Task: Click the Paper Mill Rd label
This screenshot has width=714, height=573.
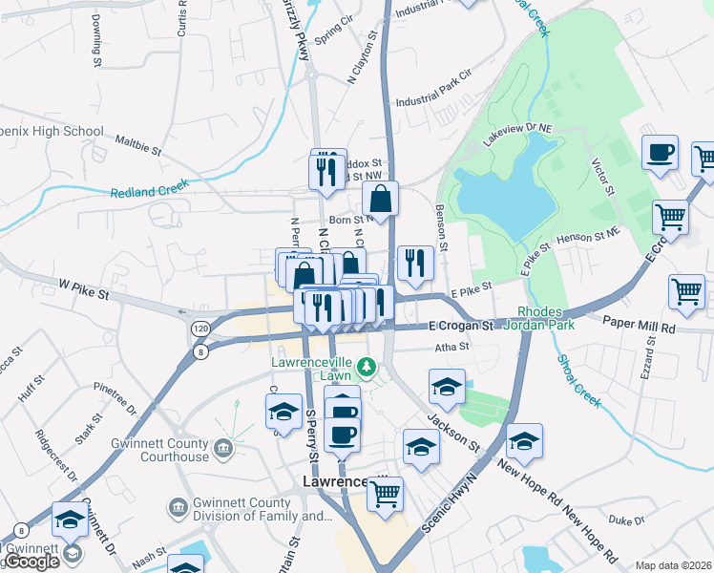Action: pos(640,326)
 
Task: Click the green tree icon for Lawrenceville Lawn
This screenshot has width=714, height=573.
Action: pos(363,366)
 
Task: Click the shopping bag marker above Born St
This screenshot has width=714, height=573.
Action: pos(380,200)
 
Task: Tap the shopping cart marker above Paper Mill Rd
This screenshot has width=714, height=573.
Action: pos(686,293)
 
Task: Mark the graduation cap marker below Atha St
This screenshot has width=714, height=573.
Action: pos(447,387)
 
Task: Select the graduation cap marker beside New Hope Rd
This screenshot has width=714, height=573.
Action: pos(524,442)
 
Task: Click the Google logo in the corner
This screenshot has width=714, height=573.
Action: pos(31,562)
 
